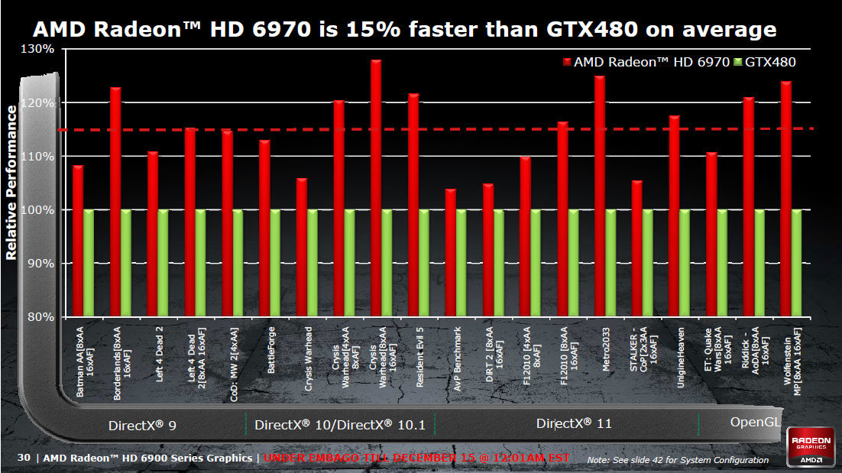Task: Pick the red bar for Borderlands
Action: point(115,202)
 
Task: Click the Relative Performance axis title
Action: point(11,183)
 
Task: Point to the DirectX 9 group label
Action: point(143,425)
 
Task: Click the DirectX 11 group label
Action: point(574,423)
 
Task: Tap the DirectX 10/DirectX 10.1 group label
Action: point(339,424)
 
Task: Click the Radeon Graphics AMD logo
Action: point(812,449)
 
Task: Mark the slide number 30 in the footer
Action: point(24,458)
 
